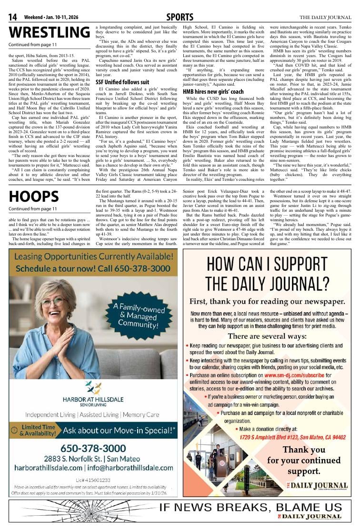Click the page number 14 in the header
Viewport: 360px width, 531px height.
pyautogui.click(x=13, y=18)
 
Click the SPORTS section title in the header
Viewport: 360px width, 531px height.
pyautogui.click(x=180, y=18)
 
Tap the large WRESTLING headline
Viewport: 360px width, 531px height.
pyautogui.click(x=49, y=32)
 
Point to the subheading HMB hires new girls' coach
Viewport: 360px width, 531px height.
pyautogui.click(x=213, y=91)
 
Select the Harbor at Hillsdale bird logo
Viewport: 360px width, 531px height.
pyautogui.click(x=93, y=387)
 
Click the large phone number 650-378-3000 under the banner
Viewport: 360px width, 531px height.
pyautogui.click(x=93, y=448)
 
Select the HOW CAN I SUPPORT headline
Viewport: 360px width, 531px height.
pyautogui.click(x=267, y=275)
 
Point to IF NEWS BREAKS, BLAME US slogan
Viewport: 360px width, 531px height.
pyautogui.click(x=250, y=508)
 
